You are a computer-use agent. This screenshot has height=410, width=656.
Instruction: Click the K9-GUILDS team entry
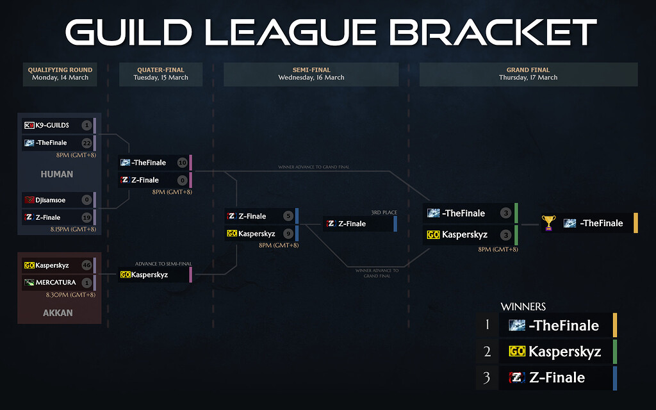[51, 125]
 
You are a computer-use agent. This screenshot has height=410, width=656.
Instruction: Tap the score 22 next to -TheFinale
[86, 143]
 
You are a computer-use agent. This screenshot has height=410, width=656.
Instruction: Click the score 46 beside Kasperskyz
[86, 265]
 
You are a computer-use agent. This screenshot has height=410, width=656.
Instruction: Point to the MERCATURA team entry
[54, 283]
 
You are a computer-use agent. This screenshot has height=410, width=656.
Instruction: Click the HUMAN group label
[57, 174]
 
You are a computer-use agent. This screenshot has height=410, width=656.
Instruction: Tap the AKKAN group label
[58, 313]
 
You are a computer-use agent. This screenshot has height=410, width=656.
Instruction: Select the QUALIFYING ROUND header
[60, 70]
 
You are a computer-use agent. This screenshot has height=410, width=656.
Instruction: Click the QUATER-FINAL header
[161, 70]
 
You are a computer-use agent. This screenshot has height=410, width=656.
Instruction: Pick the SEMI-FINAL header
[311, 70]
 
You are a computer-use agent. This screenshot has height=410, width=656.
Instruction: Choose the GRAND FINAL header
[528, 70]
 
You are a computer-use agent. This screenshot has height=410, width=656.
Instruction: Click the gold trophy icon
[548, 223]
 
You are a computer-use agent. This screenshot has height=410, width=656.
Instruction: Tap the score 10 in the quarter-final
[181, 163]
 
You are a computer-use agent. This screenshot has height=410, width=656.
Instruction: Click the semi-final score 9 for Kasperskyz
[288, 234]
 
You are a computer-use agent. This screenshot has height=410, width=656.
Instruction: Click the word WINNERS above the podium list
[523, 307]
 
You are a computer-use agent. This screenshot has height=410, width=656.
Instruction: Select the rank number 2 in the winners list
[487, 352]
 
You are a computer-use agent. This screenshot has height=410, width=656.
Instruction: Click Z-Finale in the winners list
[557, 378]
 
